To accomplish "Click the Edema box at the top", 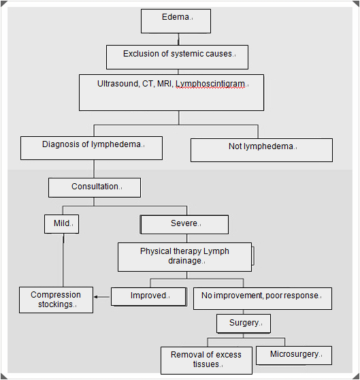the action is (176, 21).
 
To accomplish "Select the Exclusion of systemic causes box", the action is (177, 57).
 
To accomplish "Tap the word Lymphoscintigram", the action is (210, 84).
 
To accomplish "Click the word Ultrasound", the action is (118, 84).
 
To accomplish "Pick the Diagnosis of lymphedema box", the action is (91, 148).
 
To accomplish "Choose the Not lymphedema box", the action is (262, 150).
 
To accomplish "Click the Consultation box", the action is (95, 187).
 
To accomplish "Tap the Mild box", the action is (61, 224).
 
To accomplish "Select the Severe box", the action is (184, 225).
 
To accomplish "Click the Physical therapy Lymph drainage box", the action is (184, 257).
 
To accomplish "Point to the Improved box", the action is (149, 296).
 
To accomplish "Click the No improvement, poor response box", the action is (263, 298).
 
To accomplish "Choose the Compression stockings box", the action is (56, 300).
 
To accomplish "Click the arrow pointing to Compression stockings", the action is (102, 297).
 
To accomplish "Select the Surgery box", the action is (244, 323).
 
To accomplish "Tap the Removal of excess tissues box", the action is (206, 360).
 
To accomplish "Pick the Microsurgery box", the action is (294, 355).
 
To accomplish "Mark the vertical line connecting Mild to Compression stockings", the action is (63, 260).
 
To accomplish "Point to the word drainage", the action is (185, 261).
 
